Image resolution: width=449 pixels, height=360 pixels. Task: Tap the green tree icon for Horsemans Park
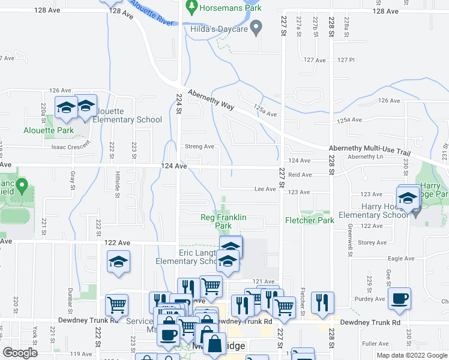[x=192, y=8]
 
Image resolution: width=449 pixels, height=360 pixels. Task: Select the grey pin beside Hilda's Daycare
[x=257, y=27]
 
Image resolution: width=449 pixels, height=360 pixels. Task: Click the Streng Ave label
[x=199, y=146]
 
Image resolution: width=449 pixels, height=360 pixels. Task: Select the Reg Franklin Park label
[x=223, y=221]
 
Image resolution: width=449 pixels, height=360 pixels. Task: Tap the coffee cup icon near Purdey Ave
[x=399, y=299]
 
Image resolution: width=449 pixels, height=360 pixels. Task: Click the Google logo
[x=20, y=352]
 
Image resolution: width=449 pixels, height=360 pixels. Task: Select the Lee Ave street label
[x=265, y=189]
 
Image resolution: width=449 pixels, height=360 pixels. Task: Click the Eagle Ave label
[x=401, y=259]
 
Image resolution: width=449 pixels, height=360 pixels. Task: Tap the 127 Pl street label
[x=346, y=60]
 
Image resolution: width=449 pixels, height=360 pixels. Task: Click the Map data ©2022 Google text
[x=412, y=355]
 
